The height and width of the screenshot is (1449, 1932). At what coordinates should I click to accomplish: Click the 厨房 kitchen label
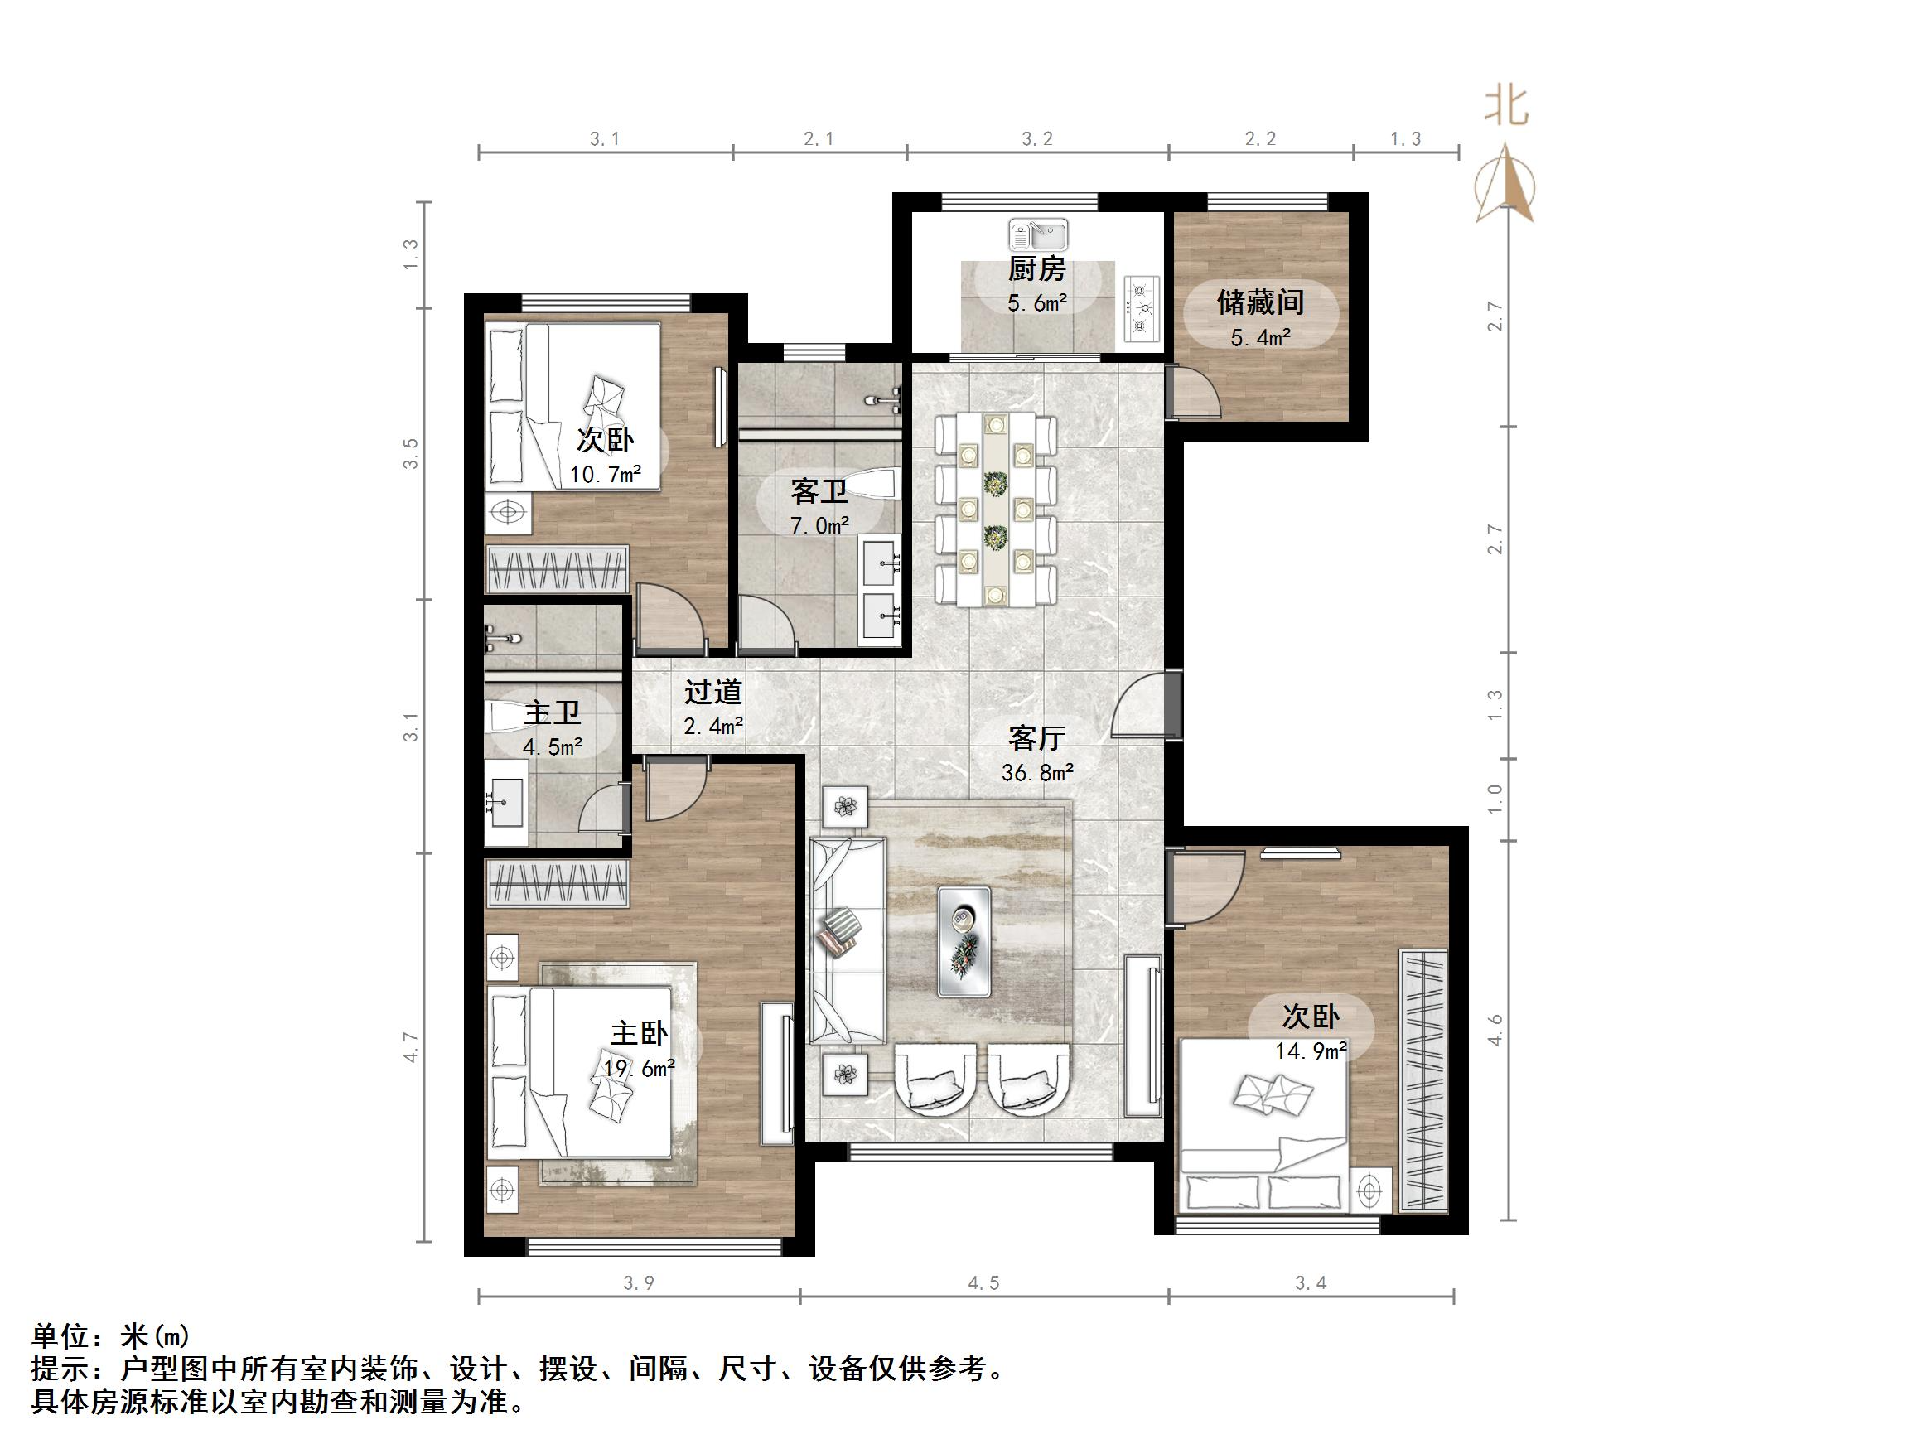click(1036, 269)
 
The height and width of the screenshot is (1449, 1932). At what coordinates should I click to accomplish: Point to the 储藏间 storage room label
click(1260, 302)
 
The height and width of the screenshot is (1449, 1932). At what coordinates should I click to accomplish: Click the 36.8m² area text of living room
click(1036, 772)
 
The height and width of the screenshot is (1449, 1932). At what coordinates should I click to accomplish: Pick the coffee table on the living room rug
click(964, 941)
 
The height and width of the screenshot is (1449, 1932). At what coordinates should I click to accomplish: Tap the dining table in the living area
click(995, 510)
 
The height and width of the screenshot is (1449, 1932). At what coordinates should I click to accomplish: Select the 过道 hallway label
click(712, 692)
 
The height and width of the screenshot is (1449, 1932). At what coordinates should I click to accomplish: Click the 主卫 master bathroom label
click(552, 712)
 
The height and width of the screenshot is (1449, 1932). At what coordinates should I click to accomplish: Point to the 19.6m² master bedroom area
click(639, 1067)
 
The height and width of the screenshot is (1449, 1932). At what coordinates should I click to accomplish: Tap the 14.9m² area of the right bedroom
click(1310, 1050)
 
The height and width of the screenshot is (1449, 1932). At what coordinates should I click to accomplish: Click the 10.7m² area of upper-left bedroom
click(606, 474)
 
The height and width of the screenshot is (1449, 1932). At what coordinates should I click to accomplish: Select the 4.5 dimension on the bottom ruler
click(983, 1283)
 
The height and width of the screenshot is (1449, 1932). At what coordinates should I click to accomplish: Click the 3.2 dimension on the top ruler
click(1036, 139)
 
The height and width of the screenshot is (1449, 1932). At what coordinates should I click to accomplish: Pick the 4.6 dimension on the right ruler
click(1495, 1030)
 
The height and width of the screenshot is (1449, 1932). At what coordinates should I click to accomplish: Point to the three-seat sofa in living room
click(847, 940)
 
